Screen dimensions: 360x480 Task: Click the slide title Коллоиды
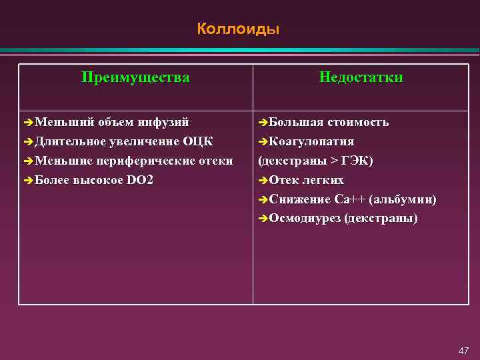pyautogui.click(x=238, y=29)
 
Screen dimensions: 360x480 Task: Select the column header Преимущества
pyautogui.click(x=135, y=77)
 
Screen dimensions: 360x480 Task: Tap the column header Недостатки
pyautogui.click(x=361, y=77)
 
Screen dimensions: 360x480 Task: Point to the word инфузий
pyautogui.click(x=163, y=122)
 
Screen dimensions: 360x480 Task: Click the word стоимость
pyautogui.click(x=359, y=122)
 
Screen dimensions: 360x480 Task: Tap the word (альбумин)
pyautogui.click(x=403, y=199)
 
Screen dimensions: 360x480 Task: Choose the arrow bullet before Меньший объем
pyautogui.click(x=27, y=123)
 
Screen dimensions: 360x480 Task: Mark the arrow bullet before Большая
pyautogui.click(x=262, y=123)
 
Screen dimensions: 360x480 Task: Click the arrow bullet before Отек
pyautogui.click(x=262, y=181)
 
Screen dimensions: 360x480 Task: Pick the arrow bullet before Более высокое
pyautogui.click(x=27, y=181)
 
